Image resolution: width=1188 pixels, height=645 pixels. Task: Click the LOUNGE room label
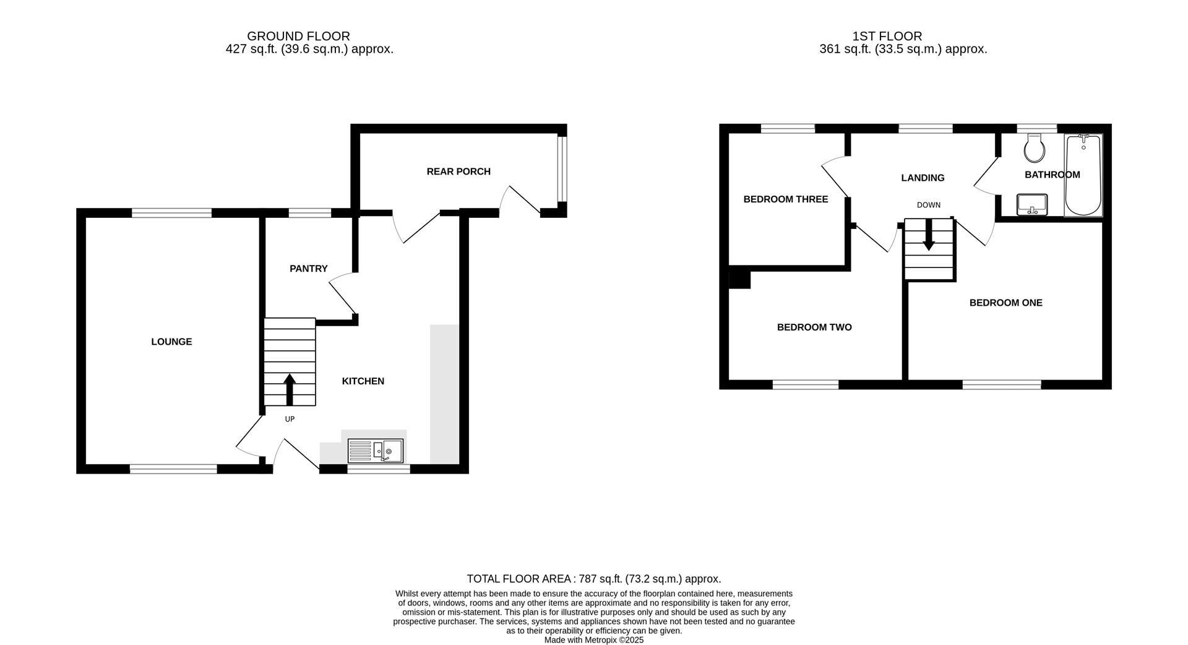tap(171, 342)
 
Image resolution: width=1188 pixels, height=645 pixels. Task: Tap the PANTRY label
tap(308, 269)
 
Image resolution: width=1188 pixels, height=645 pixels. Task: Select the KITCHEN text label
tap(363, 381)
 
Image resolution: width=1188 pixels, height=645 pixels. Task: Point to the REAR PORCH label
tap(458, 171)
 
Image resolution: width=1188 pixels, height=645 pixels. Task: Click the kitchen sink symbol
tap(376, 451)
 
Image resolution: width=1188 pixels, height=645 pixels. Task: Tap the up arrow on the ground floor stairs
tap(289, 389)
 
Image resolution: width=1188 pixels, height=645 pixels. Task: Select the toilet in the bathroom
tap(1034, 148)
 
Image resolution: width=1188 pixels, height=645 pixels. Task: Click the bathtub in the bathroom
tap(1083, 175)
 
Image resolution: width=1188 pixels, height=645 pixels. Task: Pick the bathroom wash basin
tap(1031, 204)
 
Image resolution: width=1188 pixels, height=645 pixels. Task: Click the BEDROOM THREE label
tap(785, 199)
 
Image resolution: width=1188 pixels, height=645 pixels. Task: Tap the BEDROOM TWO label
tap(814, 327)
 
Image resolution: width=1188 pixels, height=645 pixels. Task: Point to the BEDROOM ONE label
tap(1005, 303)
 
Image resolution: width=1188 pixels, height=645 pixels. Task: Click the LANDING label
tap(923, 178)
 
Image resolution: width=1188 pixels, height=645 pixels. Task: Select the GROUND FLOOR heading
tap(298, 37)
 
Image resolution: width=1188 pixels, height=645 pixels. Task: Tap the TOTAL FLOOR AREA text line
tap(594, 579)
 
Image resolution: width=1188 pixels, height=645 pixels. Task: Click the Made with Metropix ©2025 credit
tap(594, 640)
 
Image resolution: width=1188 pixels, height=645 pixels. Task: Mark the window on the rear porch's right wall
tap(562, 170)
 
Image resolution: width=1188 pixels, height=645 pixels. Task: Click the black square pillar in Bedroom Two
tap(739, 279)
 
